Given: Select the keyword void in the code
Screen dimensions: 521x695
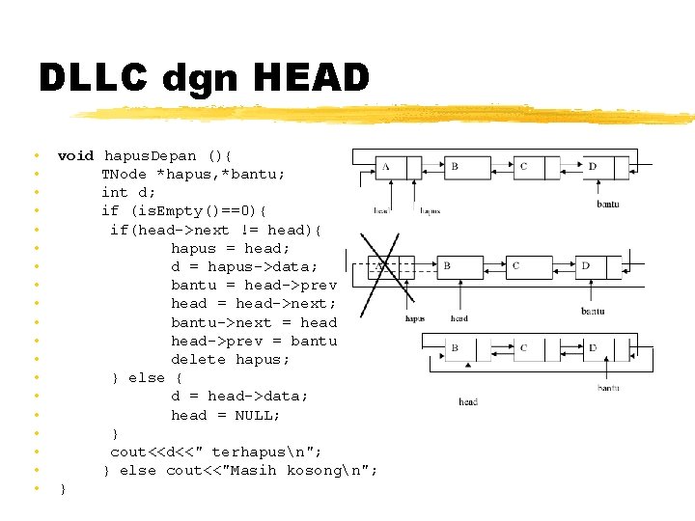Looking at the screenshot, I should coord(76,155).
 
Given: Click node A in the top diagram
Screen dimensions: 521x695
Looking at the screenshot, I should coord(386,167).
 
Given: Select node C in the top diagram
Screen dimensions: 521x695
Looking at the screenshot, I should coord(524,167).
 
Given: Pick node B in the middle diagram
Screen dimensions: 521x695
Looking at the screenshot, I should coord(447,265).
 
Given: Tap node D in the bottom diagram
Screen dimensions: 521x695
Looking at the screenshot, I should coord(594,347).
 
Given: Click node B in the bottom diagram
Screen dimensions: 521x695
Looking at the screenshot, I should coord(455,347).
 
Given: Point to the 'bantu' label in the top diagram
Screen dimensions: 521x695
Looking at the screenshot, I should coord(607,204).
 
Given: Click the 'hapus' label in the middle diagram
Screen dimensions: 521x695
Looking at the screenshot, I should coord(415,318).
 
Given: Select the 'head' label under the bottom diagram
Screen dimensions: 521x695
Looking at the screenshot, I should coord(468,401).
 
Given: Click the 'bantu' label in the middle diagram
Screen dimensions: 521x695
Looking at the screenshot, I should coord(593,311).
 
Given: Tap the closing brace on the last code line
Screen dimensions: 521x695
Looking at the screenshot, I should coord(63,489).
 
